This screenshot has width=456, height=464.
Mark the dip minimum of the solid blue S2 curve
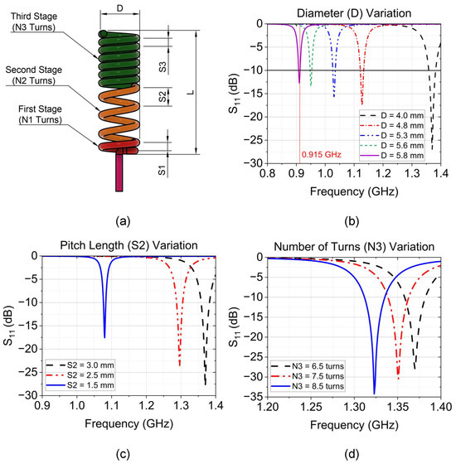[x=104, y=336]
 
